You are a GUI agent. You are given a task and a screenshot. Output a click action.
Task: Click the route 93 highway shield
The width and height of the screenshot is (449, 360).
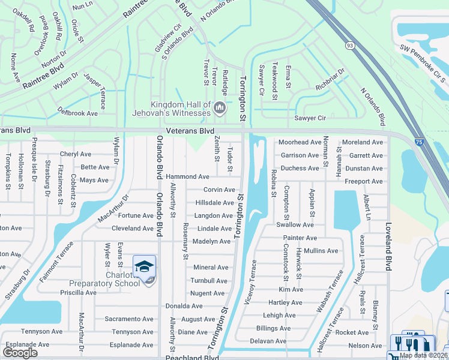349,46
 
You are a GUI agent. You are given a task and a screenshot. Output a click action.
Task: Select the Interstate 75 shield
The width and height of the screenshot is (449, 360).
418,141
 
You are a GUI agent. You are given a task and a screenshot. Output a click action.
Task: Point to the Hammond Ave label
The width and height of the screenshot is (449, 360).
187,177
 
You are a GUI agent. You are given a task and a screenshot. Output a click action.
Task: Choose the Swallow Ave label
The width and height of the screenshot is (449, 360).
295,224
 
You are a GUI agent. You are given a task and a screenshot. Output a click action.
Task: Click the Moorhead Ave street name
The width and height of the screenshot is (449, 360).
300,142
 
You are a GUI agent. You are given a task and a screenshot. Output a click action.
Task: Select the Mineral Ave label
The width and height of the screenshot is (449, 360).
211,268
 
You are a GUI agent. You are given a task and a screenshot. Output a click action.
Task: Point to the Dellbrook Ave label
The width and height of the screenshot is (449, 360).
77,113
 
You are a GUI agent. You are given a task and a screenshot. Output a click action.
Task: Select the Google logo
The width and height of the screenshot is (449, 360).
20,352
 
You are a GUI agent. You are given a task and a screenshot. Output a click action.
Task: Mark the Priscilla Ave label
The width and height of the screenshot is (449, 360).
78,293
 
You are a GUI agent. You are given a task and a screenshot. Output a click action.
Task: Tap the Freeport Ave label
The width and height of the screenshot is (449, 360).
364,181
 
